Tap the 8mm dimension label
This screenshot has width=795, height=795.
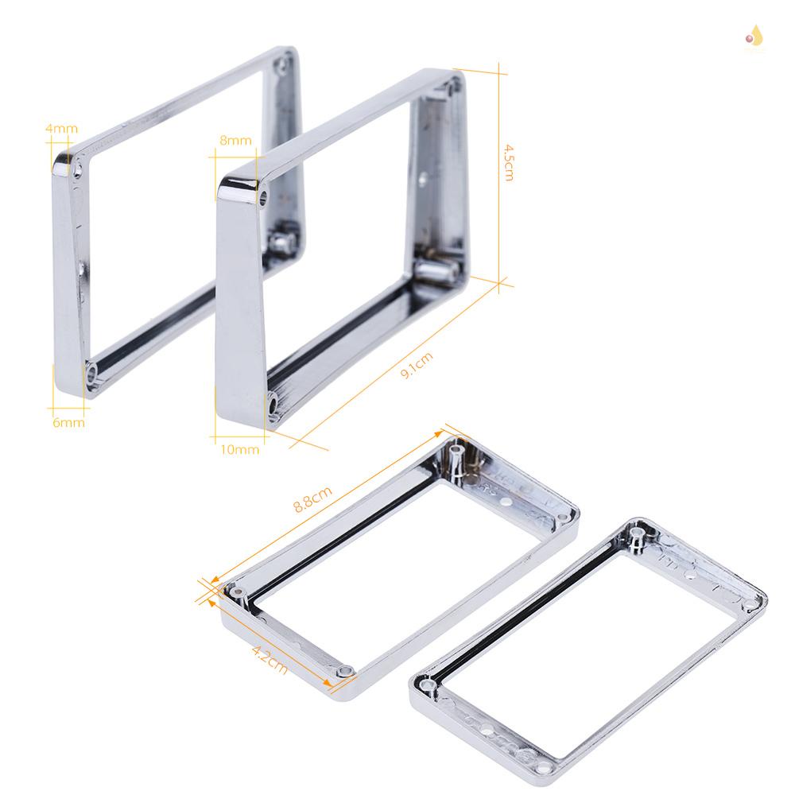click(x=235, y=141)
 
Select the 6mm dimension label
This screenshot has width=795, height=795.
click(x=68, y=422)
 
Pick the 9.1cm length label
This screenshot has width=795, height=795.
click(x=417, y=366)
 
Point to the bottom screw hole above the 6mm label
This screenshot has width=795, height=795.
click(x=93, y=370)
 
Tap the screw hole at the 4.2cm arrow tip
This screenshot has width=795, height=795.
click(x=343, y=672)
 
